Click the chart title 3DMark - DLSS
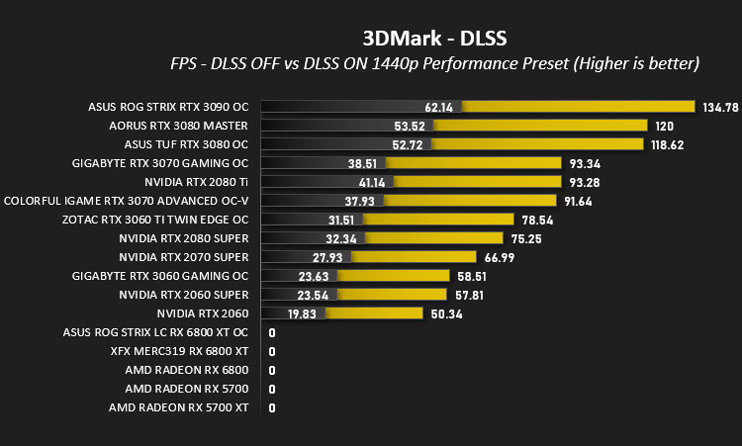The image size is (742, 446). (x=434, y=39)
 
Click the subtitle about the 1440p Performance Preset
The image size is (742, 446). (x=434, y=63)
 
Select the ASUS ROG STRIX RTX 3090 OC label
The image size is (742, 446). (x=168, y=107)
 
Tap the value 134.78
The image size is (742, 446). (x=720, y=108)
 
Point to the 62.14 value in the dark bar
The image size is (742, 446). (x=438, y=108)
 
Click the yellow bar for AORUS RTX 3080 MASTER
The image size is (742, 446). (x=540, y=126)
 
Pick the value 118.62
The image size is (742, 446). (x=667, y=144)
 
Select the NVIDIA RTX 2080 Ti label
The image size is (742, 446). (x=197, y=182)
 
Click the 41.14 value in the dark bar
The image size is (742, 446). (x=371, y=183)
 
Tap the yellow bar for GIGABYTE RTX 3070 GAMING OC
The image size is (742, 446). (x=473, y=163)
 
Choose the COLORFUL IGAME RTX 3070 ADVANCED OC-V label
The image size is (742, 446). (x=126, y=201)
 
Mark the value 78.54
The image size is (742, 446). (x=537, y=220)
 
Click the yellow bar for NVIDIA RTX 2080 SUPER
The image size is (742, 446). (x=433, y=238)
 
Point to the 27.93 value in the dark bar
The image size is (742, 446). (x=327, y=258)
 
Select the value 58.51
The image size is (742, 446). (x=472, y=276)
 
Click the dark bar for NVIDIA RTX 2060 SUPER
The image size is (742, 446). (x=299, y=294)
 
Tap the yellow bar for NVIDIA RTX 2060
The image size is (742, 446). (x=374, y=313)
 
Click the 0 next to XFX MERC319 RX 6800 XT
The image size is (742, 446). (x=272, y=351)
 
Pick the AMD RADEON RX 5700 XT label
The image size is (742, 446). (x=178, y=407)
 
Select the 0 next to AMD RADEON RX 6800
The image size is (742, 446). (x=272, y=370)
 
